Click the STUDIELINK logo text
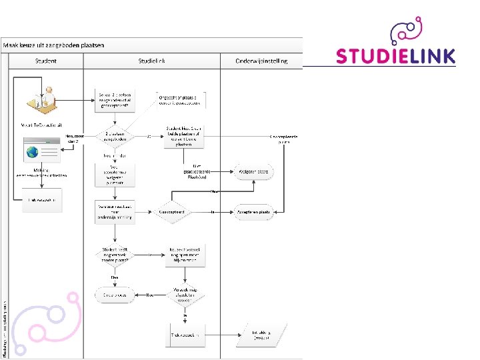(x=396, y=56)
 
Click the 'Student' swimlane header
(x=46, y=61)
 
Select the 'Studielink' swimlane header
(x=151, y=61)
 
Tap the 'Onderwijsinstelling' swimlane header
(x=261, y=61)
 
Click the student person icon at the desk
(x=43, y=97)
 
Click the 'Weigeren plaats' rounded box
(x=253, y=172)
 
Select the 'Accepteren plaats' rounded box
(x=253, y=212)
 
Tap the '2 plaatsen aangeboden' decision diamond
(x=115, y=136)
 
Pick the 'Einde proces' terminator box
(x=115, y=293)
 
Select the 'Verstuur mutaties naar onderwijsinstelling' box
(x=115, y=212)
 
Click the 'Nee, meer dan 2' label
(x=74, y=139)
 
